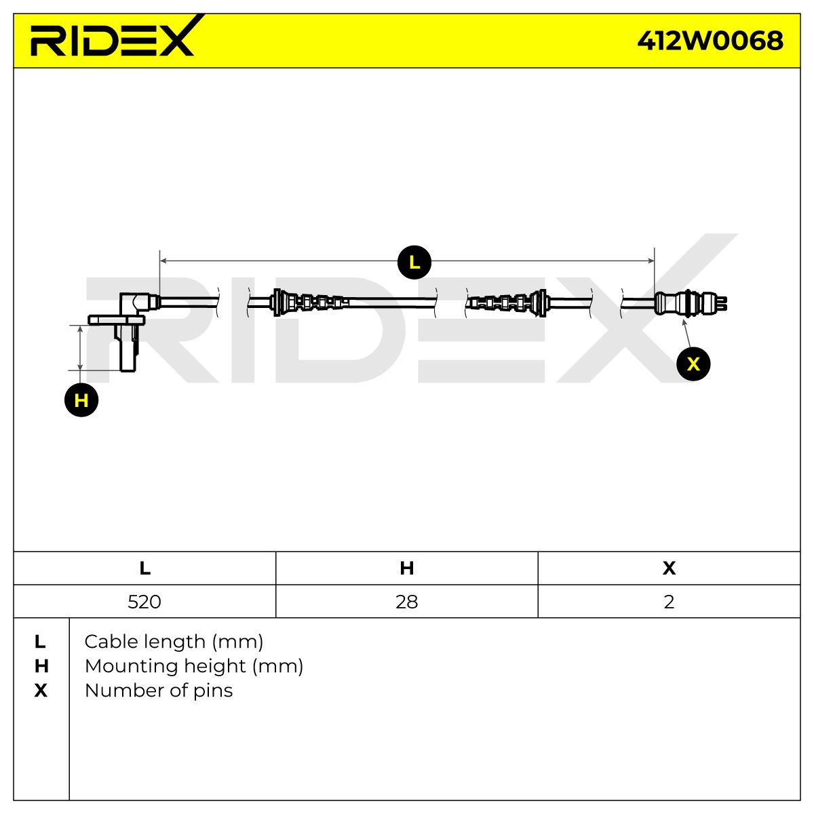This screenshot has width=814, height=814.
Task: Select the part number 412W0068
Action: (x=710, y=41)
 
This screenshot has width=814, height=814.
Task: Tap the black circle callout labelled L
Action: (x=414, y=263)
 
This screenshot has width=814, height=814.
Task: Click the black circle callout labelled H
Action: (x=81, y=400)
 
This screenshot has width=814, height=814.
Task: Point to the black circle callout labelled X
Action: (x=693, y=364)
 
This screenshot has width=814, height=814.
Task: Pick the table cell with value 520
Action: (x=144, y=602)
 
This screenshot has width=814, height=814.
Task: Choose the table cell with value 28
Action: (x=407, y=602)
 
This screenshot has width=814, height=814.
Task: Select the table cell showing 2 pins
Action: (x=669, y=602)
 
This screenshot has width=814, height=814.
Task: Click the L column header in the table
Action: (x=144, y=568)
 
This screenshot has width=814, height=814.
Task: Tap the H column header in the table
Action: (x=407, y=568)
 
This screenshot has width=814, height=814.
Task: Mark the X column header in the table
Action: (x=669, y=568)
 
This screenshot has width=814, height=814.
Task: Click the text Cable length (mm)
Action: (x=174, y=642)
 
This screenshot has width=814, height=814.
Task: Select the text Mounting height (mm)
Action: (x=194, y=666)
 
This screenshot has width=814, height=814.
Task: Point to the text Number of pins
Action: (x=159, y=691)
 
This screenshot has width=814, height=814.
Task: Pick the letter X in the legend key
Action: (x=41, y=691)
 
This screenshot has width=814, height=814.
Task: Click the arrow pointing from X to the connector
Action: (x=687, y=334)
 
